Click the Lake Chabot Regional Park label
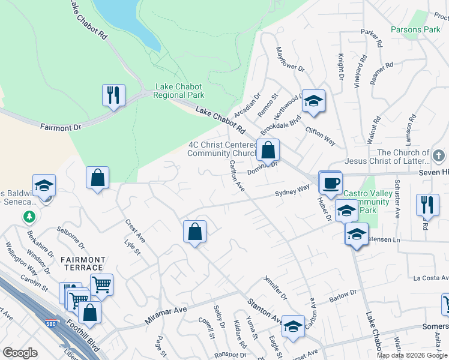(x=179, y=91)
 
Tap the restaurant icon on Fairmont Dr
(x=113, y=95)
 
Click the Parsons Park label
(x=415, y=29)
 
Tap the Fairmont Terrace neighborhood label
(x=83, y=264)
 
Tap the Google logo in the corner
(x=20, y=353)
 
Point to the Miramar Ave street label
(x=166, y=315)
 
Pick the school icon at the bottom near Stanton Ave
(x=293, y=326)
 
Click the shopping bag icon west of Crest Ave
(x=97, y=178)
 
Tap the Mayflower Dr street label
(x=290, y=59)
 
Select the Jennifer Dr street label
(x=276, y=288)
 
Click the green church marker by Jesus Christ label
(x=439, y=156)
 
